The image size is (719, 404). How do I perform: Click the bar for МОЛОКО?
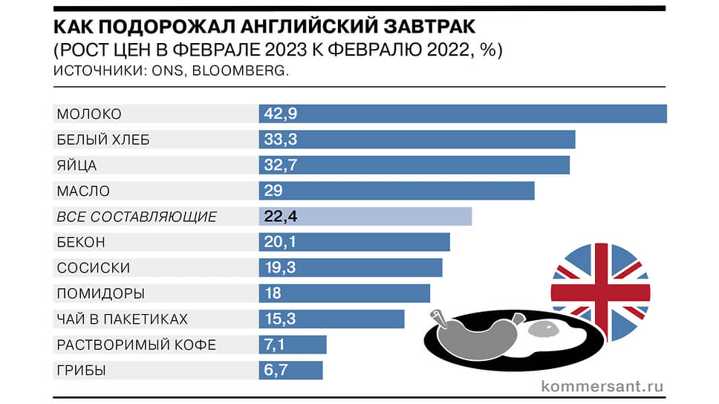(462, 114)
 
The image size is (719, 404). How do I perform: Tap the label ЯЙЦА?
(77, 165)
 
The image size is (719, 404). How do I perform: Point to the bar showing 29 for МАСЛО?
(397, 191)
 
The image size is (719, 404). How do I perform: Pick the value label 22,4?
(281, 216)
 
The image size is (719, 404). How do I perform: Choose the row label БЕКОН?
(81, 242)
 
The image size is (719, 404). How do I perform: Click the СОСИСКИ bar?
(351, 267)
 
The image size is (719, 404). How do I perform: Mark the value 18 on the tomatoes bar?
(273, 293)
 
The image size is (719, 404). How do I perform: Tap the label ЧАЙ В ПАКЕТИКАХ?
(123, 319)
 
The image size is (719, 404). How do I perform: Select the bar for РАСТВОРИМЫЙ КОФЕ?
(293, 345)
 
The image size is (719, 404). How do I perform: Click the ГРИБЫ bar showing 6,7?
(290, 370)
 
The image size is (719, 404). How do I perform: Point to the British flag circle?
(600, 292)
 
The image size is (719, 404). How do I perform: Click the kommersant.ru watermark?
(602, 386)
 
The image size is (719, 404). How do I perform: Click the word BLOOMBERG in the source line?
(249, 71)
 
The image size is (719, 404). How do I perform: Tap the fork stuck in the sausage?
(440, 319)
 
